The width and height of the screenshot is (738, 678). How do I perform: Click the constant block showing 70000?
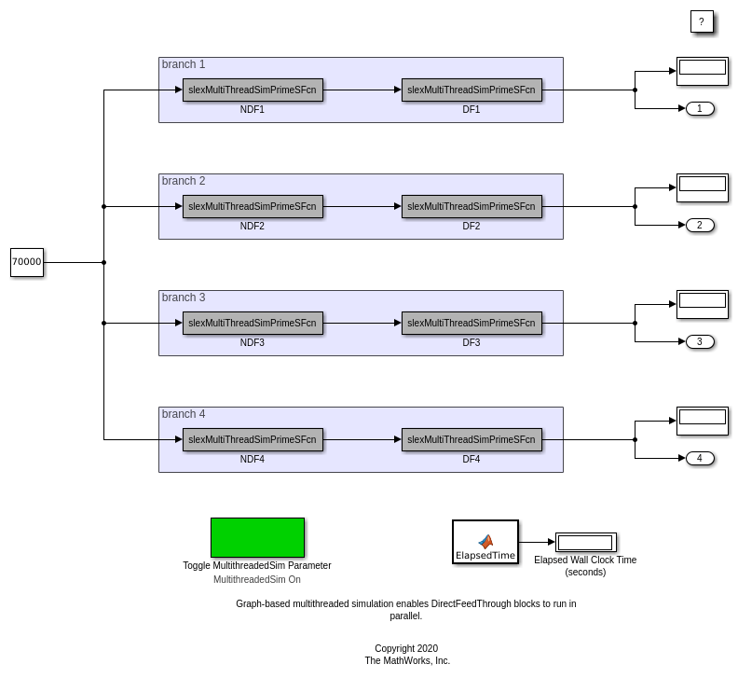[27, 262]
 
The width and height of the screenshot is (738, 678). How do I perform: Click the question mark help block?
[702, 21]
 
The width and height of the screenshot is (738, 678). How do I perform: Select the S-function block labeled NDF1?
[253, 90]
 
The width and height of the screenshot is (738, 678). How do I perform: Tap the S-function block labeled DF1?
[471, 90]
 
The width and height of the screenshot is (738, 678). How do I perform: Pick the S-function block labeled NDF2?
[253, 207]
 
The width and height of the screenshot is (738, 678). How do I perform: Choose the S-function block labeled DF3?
[471, 324]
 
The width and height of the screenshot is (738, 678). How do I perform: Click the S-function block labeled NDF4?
[253, 440]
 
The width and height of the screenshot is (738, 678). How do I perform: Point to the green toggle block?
[257, 538]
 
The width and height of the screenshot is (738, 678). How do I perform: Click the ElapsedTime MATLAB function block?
[485, 542]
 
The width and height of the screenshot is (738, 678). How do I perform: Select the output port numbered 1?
[700, 109]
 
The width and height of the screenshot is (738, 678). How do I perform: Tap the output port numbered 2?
[700, 226]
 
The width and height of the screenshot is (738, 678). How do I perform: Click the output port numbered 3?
[700, 342]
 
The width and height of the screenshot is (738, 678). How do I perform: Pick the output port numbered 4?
[700, 459]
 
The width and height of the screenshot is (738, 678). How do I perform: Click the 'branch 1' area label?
[184, 64]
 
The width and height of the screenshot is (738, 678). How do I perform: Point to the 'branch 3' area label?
[184, 297]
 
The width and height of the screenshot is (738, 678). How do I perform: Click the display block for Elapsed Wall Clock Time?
[585, 543]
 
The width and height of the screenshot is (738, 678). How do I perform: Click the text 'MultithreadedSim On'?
[257, 579]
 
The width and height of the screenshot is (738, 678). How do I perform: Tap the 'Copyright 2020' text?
[406, 648]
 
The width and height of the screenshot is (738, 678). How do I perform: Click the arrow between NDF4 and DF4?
[362, 440]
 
